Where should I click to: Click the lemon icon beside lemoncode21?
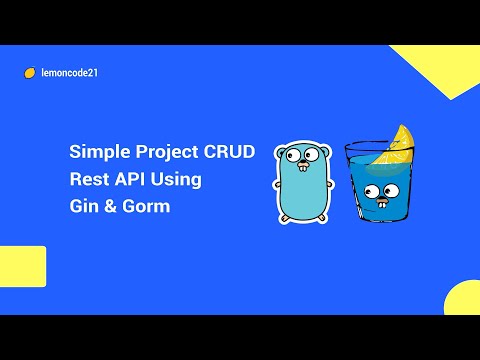click(30, 72)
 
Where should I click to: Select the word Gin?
click(82, 207)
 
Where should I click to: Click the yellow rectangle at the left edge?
click(22, 266)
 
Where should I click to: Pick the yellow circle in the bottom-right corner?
click(464, 300)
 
